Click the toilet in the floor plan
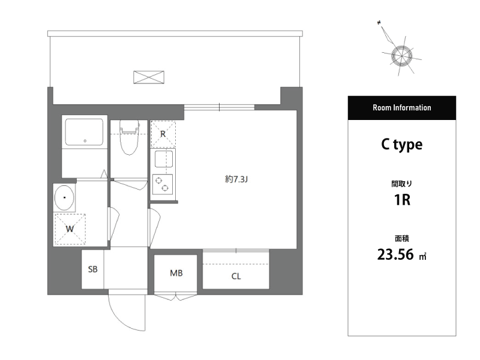pyautogui.click(x=129, y=137)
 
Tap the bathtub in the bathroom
pyautogui.click(x=85, y=132)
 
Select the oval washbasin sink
pyautogui.click(x=64, y=197)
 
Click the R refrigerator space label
pyautogui.click(x=163, y=134)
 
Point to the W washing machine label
pyautogui.click(x=70, y=229)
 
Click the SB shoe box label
pyautogui.click(x=93, y=269)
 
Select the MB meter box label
pyautogui.click(x=176, y=273)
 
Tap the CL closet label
pyautogui.click(x=236, y=277)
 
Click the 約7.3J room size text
pyautogui.click(x=236, y=179)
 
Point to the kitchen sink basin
pyautogui.click(x=164, y=159)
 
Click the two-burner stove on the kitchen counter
pyautogui.click(x=163, y=184)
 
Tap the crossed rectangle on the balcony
pyautogui.click(x=149, y=77)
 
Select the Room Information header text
pyautogui.click(x=401, y=108)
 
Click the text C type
pyautogui.click(x=401, y=145)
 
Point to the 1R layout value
pyautogui.click(x=402, y=200)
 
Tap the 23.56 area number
pyautogui.click(x=395, y=254)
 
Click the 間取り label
pyautogui.click(x=401, y=184)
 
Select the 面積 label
pyautogui.click(x=402, y=238)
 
